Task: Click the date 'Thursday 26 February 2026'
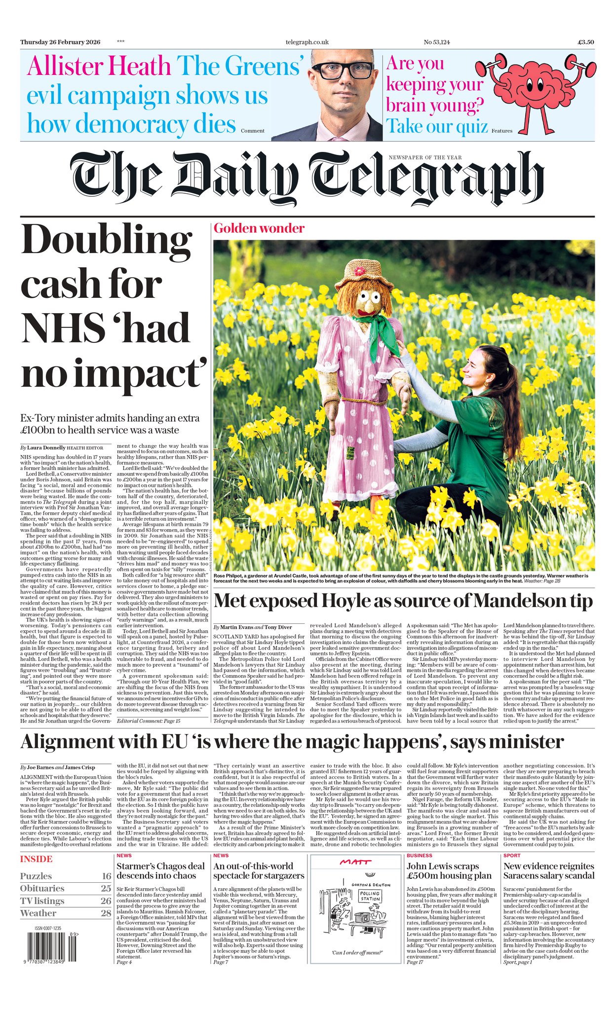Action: (x=60, y=42)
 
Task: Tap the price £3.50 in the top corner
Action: (x=586, y=42)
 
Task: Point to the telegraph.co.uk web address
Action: (x=307, y=42)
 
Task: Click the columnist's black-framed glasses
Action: (x=342, y=71)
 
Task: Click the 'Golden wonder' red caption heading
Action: (x=259, y=228)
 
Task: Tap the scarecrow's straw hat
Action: (x=366, y=274)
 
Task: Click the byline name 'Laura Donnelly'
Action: (x=46, y=448)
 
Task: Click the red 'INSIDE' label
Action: (x=36, y=859)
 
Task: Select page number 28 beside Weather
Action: (x=106, y=913)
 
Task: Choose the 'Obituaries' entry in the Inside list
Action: (x=42, y=889)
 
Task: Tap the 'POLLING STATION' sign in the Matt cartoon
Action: (x=369, y=896)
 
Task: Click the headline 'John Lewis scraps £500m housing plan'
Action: (x=449, y=871)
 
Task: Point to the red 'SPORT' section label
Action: (x=512, y=856)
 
